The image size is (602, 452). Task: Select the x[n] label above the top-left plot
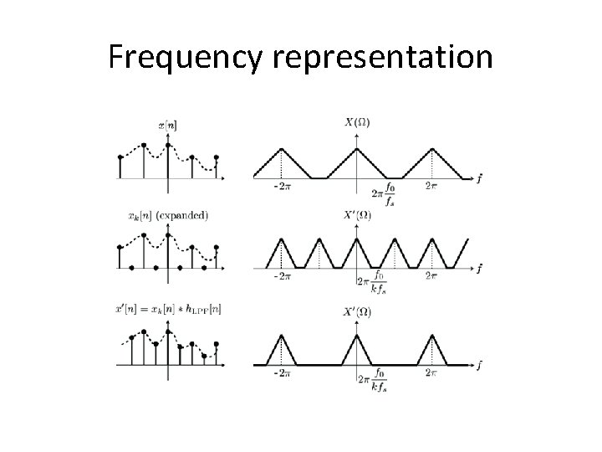(167, 126)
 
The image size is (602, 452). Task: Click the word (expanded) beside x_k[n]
(181, 215)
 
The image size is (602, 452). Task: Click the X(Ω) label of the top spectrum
(357, 122)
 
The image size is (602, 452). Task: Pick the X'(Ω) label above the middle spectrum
(357, 215)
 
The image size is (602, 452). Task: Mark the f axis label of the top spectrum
(479, 177)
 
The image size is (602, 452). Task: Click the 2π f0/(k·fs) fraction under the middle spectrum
(372, 283)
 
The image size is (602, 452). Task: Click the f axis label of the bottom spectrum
(479, 366)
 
